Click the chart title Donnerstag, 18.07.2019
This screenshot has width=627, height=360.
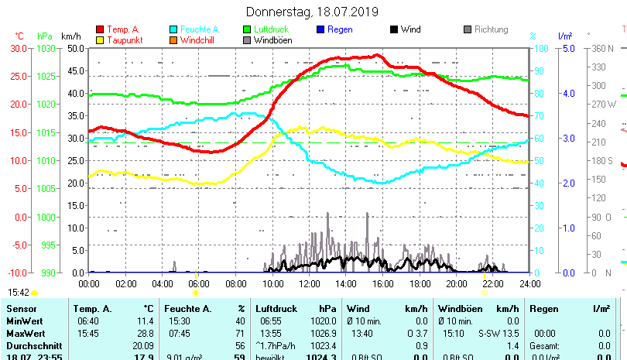coord(313,12)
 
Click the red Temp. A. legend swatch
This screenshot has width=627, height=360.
coord(99,29)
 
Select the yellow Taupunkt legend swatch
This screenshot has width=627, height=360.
coord(99,40)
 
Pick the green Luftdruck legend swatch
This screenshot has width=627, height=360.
coord(247,29)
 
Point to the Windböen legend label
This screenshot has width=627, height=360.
coord(272,40)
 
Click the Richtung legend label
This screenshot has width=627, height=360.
coord(491,29)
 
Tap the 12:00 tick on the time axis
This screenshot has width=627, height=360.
coord(309,283)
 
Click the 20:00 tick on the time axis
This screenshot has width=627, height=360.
coord(456,283)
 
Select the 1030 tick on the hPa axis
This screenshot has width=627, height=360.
coord(46,48)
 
